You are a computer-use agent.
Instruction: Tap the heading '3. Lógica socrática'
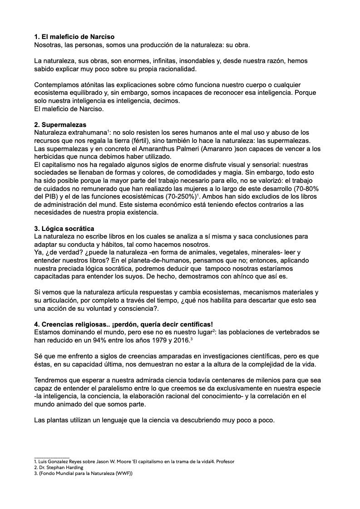64,228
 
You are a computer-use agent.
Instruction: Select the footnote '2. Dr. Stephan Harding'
59,467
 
